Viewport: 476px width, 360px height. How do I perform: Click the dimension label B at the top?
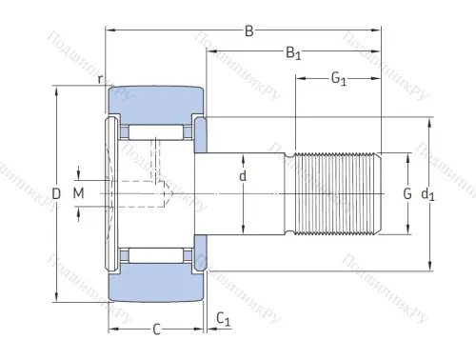click(248, 31)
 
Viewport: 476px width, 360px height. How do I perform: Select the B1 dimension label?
click(293, 54)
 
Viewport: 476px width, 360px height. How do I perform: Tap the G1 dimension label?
click(338, 79)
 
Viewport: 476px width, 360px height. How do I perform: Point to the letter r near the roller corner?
click(100, 79)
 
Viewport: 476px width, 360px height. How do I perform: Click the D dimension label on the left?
click(56, 194)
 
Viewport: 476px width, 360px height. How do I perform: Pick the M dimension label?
click(78, 194)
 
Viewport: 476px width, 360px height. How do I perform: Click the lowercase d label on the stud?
click(243, 177)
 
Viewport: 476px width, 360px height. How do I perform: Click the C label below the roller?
click(155, 330)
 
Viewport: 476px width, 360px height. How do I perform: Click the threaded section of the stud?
click(338, 194)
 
